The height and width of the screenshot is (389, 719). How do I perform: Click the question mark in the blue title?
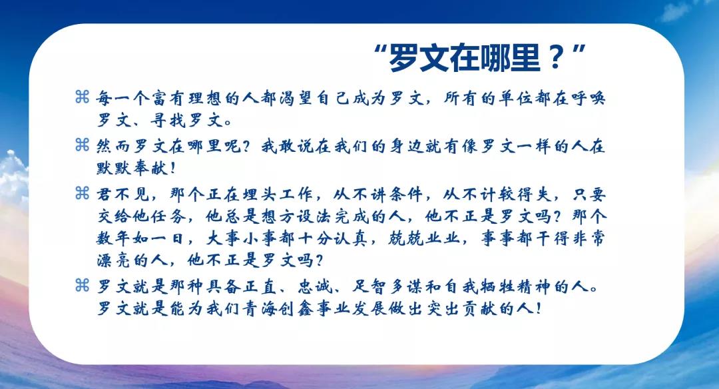point(555,57)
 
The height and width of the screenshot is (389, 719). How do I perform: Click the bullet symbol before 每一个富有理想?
point(82,97)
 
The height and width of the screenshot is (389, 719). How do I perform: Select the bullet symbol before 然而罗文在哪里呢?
point(82,145)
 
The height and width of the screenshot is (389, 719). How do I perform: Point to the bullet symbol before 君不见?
point(82,193)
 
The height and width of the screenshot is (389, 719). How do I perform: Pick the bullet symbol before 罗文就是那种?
point(82,285)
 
